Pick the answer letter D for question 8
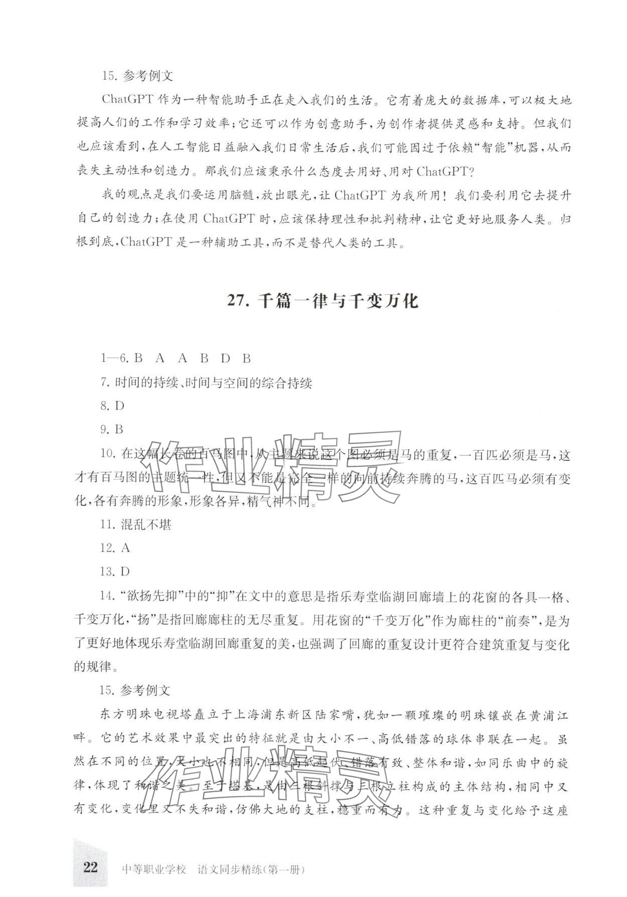(119, 406)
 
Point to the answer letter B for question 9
(119, 429)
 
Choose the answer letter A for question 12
(125, 548)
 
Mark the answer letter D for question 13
(125, 571)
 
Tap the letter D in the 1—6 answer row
(225, 358)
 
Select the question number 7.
(105, 383)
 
